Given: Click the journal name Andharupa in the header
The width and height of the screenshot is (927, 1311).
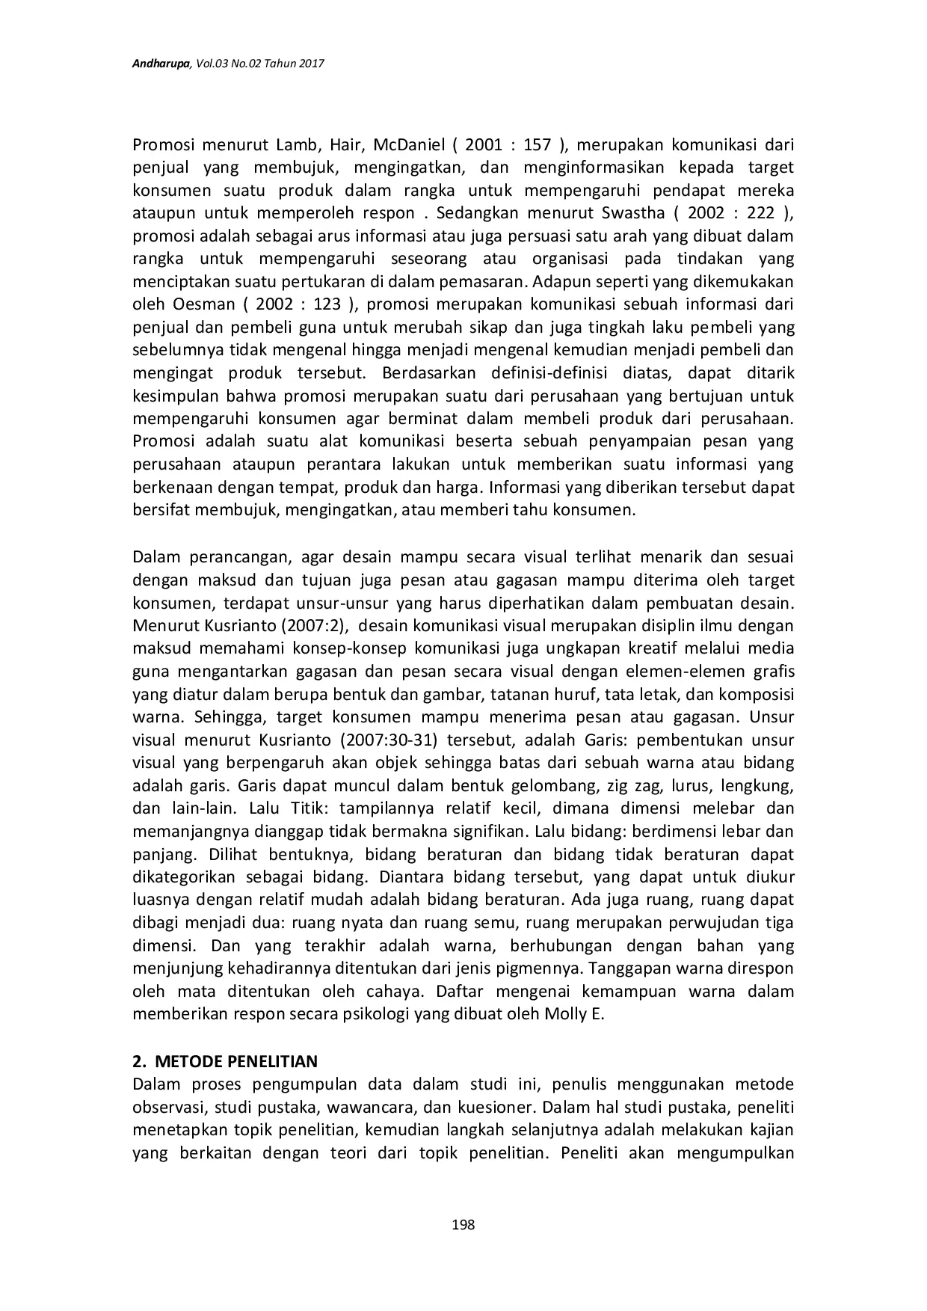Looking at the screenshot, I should point(161,65).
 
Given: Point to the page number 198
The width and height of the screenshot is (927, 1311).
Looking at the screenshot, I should point(463,1224).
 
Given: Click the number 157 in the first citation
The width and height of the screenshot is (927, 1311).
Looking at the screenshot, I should point(537,144).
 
